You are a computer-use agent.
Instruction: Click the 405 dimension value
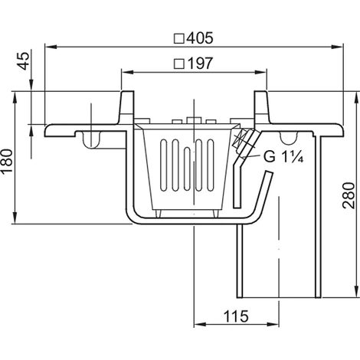tap(199, 38)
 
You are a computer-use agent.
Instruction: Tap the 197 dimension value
tap(200, 64)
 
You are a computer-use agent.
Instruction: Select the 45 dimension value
tap(25, 61)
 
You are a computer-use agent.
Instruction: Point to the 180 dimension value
tap(7, 162)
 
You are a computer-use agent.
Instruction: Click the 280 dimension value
tap(349, 195)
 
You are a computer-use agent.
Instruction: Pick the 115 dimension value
tap(236, 316)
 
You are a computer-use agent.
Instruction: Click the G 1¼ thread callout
tap(283, 157)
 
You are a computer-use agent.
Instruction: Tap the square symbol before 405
tap(179, 39)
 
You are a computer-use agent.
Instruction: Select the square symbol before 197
tap(179, 64)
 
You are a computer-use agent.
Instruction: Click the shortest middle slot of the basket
tap(187, 169)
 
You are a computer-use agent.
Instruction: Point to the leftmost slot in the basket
tap(164, 165)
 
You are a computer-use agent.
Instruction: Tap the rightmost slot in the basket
tap(211, 165)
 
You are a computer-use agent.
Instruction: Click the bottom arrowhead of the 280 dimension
tap(355, 292)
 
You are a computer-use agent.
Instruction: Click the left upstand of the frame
tap(127, 107)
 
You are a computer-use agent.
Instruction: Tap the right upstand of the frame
tap(261, 107)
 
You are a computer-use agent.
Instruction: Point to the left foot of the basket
tap(159, 214)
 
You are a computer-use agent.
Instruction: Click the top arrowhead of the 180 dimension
tap(15, 98)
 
